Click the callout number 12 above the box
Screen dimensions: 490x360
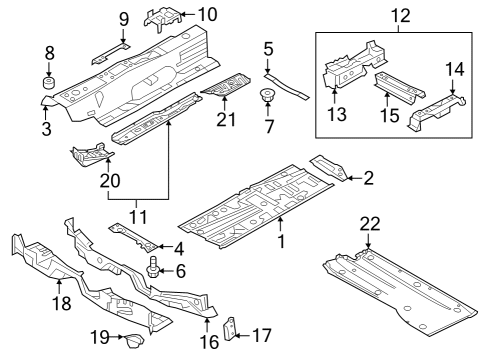click(401, 15)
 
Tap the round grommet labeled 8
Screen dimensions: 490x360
click(49, 83)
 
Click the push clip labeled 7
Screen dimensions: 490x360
click(267, 95)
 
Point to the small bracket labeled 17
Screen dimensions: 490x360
click(229, 328)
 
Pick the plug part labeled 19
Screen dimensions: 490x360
click(134, 340)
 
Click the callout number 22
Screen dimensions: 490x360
click(370, 224)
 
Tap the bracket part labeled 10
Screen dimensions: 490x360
click(163, 19)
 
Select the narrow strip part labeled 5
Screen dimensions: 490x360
click(287, 87)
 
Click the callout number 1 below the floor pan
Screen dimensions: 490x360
click(282, 241)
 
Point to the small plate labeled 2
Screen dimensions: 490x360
click(329, 167)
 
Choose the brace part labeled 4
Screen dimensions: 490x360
click(133, 236)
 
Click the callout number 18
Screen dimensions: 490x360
click(62, 303)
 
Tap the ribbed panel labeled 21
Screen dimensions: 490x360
click(226, 85)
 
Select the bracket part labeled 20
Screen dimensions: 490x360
click(91, 155)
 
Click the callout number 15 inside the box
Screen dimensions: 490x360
click(389, 115)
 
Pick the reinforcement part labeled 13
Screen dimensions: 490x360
click(354, 65)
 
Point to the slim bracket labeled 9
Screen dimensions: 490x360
click(110, 53)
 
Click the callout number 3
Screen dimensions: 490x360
click(47, 129)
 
